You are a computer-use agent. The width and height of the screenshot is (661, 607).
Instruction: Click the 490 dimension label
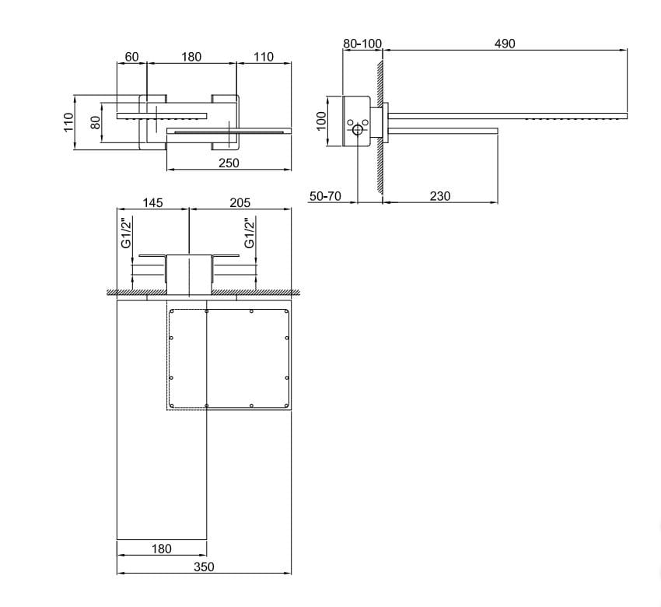point(505,44)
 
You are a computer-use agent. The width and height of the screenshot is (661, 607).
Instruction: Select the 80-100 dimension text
point(362,44)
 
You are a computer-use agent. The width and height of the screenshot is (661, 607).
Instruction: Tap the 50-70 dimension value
point(325,196)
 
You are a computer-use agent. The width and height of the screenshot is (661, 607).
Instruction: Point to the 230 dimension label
point(440,196)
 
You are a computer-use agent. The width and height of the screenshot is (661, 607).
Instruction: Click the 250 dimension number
point(229,163)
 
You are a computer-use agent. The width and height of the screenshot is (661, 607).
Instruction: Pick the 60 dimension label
point(131,57)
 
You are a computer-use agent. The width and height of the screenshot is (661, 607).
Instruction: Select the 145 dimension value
point(152,202)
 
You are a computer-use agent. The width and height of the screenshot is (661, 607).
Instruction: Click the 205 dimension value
point(240,202)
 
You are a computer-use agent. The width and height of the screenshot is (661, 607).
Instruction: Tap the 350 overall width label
point(204,567)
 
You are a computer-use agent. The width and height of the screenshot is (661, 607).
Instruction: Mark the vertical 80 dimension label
point(96,123)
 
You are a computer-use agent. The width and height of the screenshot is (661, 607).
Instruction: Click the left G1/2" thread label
point(125,233)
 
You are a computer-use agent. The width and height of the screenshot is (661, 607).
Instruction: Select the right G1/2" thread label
point(250,233)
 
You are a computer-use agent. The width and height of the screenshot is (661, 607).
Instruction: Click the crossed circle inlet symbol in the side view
point(357,131)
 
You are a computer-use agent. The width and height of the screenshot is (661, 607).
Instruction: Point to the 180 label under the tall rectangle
point(161,549)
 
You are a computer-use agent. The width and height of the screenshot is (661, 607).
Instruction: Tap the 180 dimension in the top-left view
point(191,57)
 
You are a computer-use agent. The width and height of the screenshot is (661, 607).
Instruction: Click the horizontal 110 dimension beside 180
point(263,57)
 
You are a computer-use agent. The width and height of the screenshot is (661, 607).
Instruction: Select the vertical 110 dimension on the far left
point(68,122)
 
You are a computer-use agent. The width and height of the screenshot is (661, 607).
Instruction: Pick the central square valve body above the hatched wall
point(189,273)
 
